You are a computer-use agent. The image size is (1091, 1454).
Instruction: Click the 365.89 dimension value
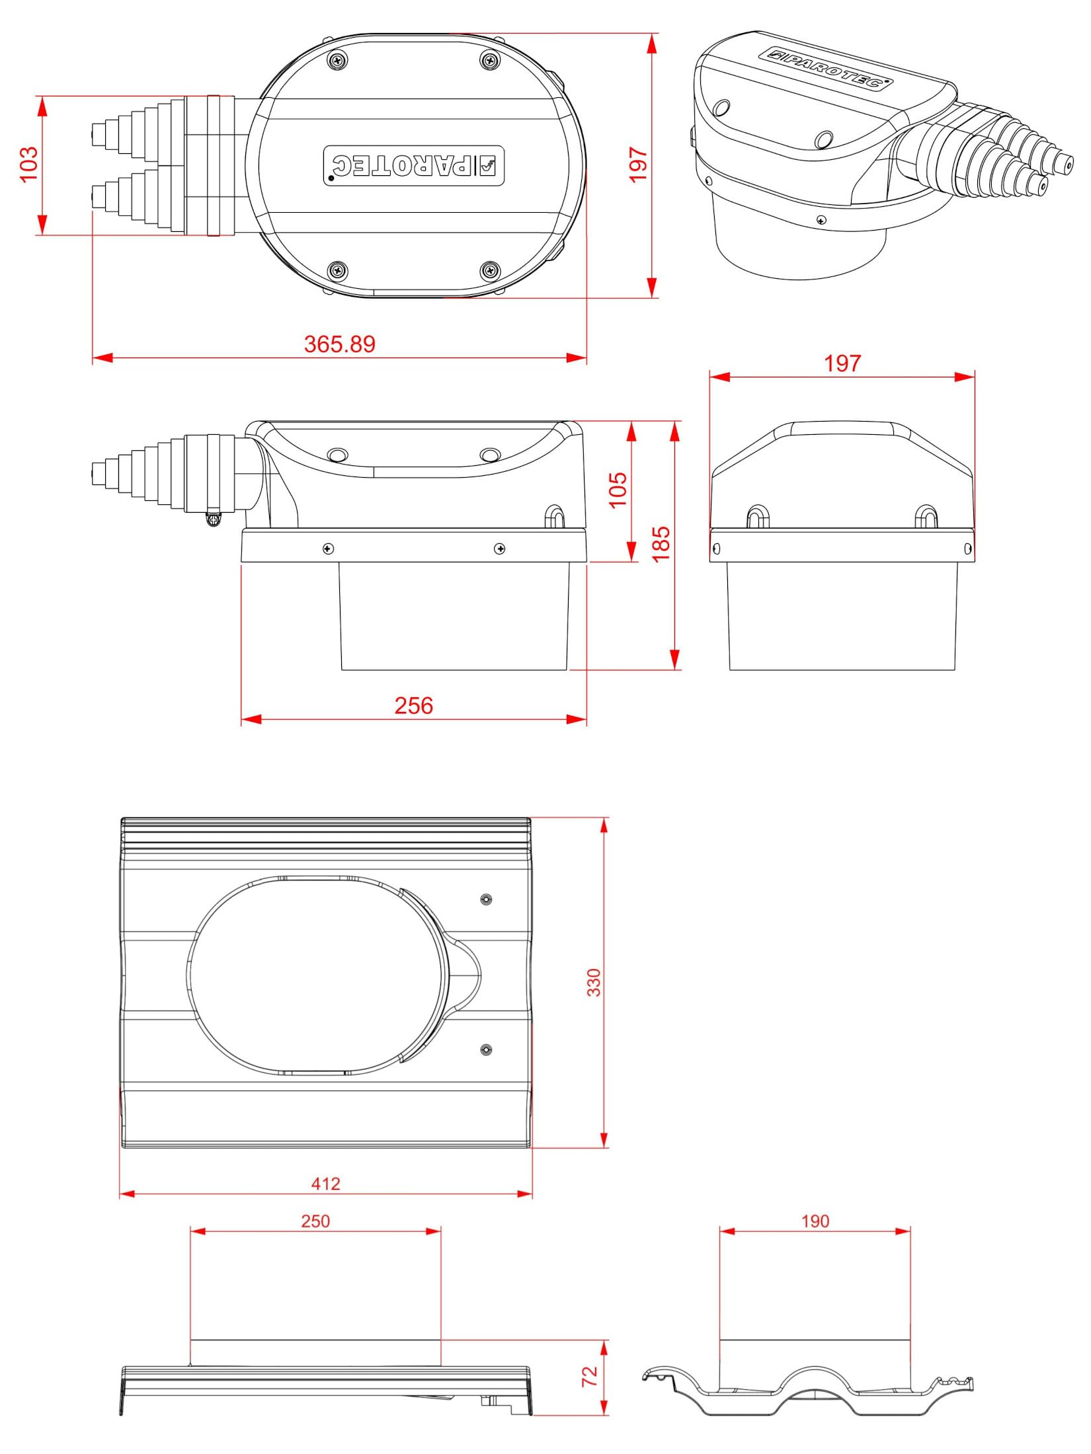point(339,344)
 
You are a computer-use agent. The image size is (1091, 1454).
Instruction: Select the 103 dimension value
point(29,165)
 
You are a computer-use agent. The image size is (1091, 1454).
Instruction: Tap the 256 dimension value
point(414,705)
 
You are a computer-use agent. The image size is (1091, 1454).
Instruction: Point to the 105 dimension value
point(618,490)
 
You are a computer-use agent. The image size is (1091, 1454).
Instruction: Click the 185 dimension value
point(661,544)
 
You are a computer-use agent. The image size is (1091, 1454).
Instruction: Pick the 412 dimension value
point(325,1184)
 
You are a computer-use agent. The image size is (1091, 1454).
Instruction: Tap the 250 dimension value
point(315,1221)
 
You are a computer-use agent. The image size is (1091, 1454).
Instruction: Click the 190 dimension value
point(815,1221)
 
